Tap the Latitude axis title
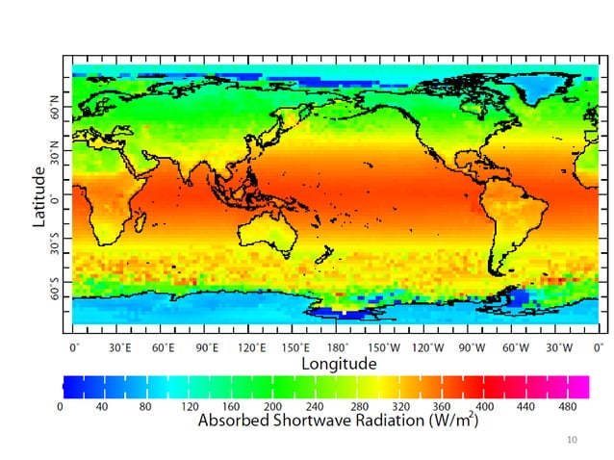[39, 197]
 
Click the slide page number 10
[573, 440]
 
